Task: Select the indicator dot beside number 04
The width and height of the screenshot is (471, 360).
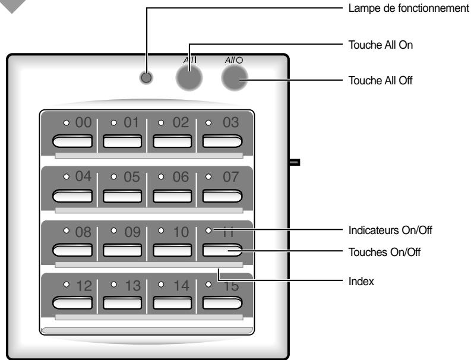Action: [x=67, y=176]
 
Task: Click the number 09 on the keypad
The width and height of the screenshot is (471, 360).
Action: [x=131, y=232]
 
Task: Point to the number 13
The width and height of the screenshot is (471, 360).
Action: [x=131, y=286]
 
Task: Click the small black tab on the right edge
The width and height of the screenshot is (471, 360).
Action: [x=294, y=161]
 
